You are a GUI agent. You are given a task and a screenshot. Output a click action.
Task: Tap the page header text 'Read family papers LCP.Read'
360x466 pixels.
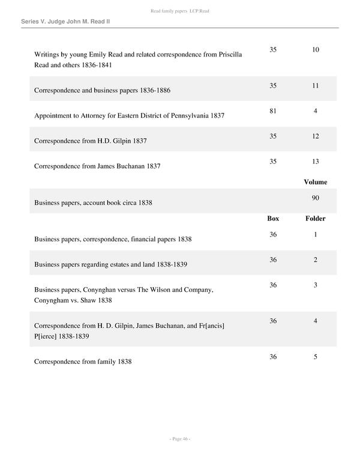(x=179, y=11)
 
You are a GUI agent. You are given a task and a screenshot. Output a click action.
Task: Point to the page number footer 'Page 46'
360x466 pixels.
(x=179, y=438)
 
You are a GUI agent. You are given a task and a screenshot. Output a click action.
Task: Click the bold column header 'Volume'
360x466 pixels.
(x=315, y=182)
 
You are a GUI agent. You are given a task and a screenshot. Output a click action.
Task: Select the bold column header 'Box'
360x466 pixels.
(x=273, y=219)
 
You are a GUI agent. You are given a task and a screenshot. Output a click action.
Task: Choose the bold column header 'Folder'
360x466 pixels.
(x=315, y=219)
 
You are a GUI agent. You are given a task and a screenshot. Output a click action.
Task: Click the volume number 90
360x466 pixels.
(x=315, y=198)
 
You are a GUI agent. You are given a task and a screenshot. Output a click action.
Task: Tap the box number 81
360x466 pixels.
(x=273, y=110)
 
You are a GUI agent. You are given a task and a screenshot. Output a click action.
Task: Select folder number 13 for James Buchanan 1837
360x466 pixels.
(x=315, y=162)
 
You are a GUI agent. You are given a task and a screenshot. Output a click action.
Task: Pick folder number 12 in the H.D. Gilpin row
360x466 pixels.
(x=315, y=136)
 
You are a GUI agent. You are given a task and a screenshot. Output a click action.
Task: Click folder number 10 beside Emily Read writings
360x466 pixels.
(x=315, y=49)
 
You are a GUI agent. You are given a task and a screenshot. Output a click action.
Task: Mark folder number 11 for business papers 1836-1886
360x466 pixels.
(x=315, y=86)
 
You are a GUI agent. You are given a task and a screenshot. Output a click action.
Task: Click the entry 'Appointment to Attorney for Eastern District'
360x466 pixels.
(x=129, y=115)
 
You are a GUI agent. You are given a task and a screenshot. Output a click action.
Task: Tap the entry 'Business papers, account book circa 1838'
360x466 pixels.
(x=93, y=203)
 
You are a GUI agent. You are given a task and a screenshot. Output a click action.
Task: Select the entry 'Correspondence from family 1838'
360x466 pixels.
(x=83, y=362)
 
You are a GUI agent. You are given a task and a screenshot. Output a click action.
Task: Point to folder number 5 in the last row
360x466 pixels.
(x=315, y=357)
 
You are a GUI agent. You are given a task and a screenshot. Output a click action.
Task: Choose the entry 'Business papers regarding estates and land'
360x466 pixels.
(x=113, y=264)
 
